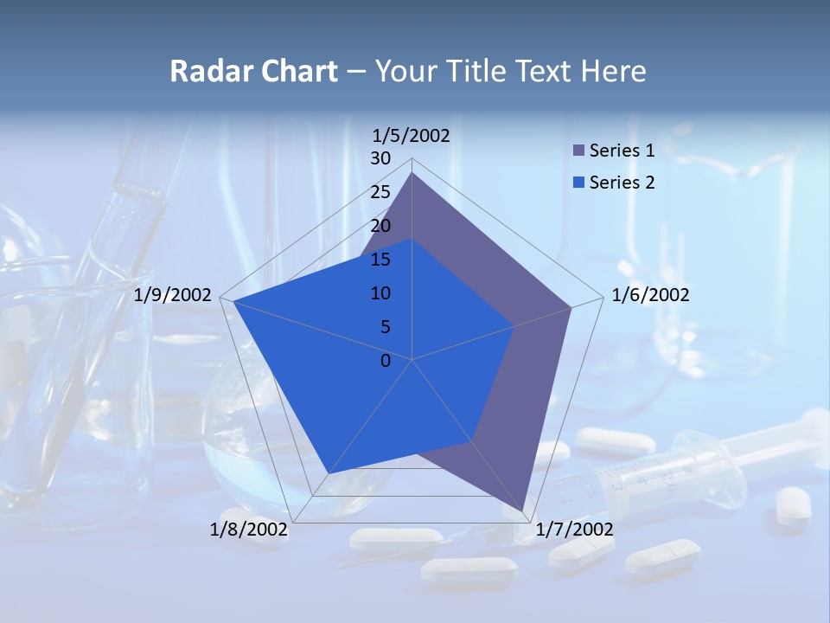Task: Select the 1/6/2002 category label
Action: [x=650, y=295]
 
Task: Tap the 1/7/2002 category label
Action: [x=574, y=530]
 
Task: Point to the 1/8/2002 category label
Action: [x=249, y=530]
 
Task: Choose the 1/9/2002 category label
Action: [x=173, y=295]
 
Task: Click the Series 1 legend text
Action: [x=622, y=151]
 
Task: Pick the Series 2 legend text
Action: [x=622, y=183]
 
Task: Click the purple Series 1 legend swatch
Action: [x=579, y=151]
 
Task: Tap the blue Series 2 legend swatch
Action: [x=579, y=183]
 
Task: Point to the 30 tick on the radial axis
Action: [x=380, y=158]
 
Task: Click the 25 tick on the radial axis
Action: [x=380, y=192]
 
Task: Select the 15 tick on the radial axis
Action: [x=380, y=260]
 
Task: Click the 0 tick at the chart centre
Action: [x=386, y=361]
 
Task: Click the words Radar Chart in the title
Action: [x=253, y=71]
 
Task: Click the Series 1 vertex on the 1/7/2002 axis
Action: [x=525, y=512]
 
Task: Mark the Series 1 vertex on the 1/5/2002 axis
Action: [x=412, y=173]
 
